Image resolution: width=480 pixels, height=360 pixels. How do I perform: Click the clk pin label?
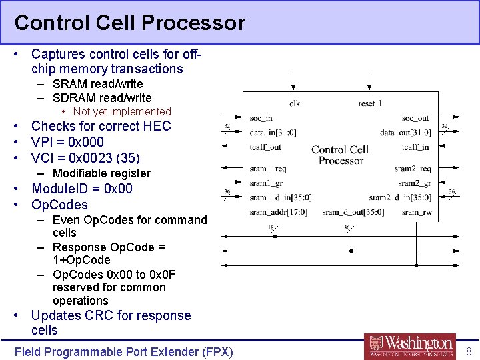294,103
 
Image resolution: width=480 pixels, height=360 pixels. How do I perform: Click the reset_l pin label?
370,103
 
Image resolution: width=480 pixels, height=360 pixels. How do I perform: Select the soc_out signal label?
415,119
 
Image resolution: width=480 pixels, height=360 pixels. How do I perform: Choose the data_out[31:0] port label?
405,133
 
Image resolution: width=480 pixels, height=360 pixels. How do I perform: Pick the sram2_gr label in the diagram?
414,183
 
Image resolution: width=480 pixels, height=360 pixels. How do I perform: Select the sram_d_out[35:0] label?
352,212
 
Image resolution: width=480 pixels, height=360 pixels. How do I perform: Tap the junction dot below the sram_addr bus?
275,235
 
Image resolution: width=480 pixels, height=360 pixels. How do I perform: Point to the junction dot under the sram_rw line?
415,264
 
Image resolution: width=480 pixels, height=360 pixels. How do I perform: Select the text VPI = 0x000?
67,142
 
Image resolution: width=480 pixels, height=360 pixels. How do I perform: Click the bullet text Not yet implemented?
122,111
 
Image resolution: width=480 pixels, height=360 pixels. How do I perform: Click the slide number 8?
468,351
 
